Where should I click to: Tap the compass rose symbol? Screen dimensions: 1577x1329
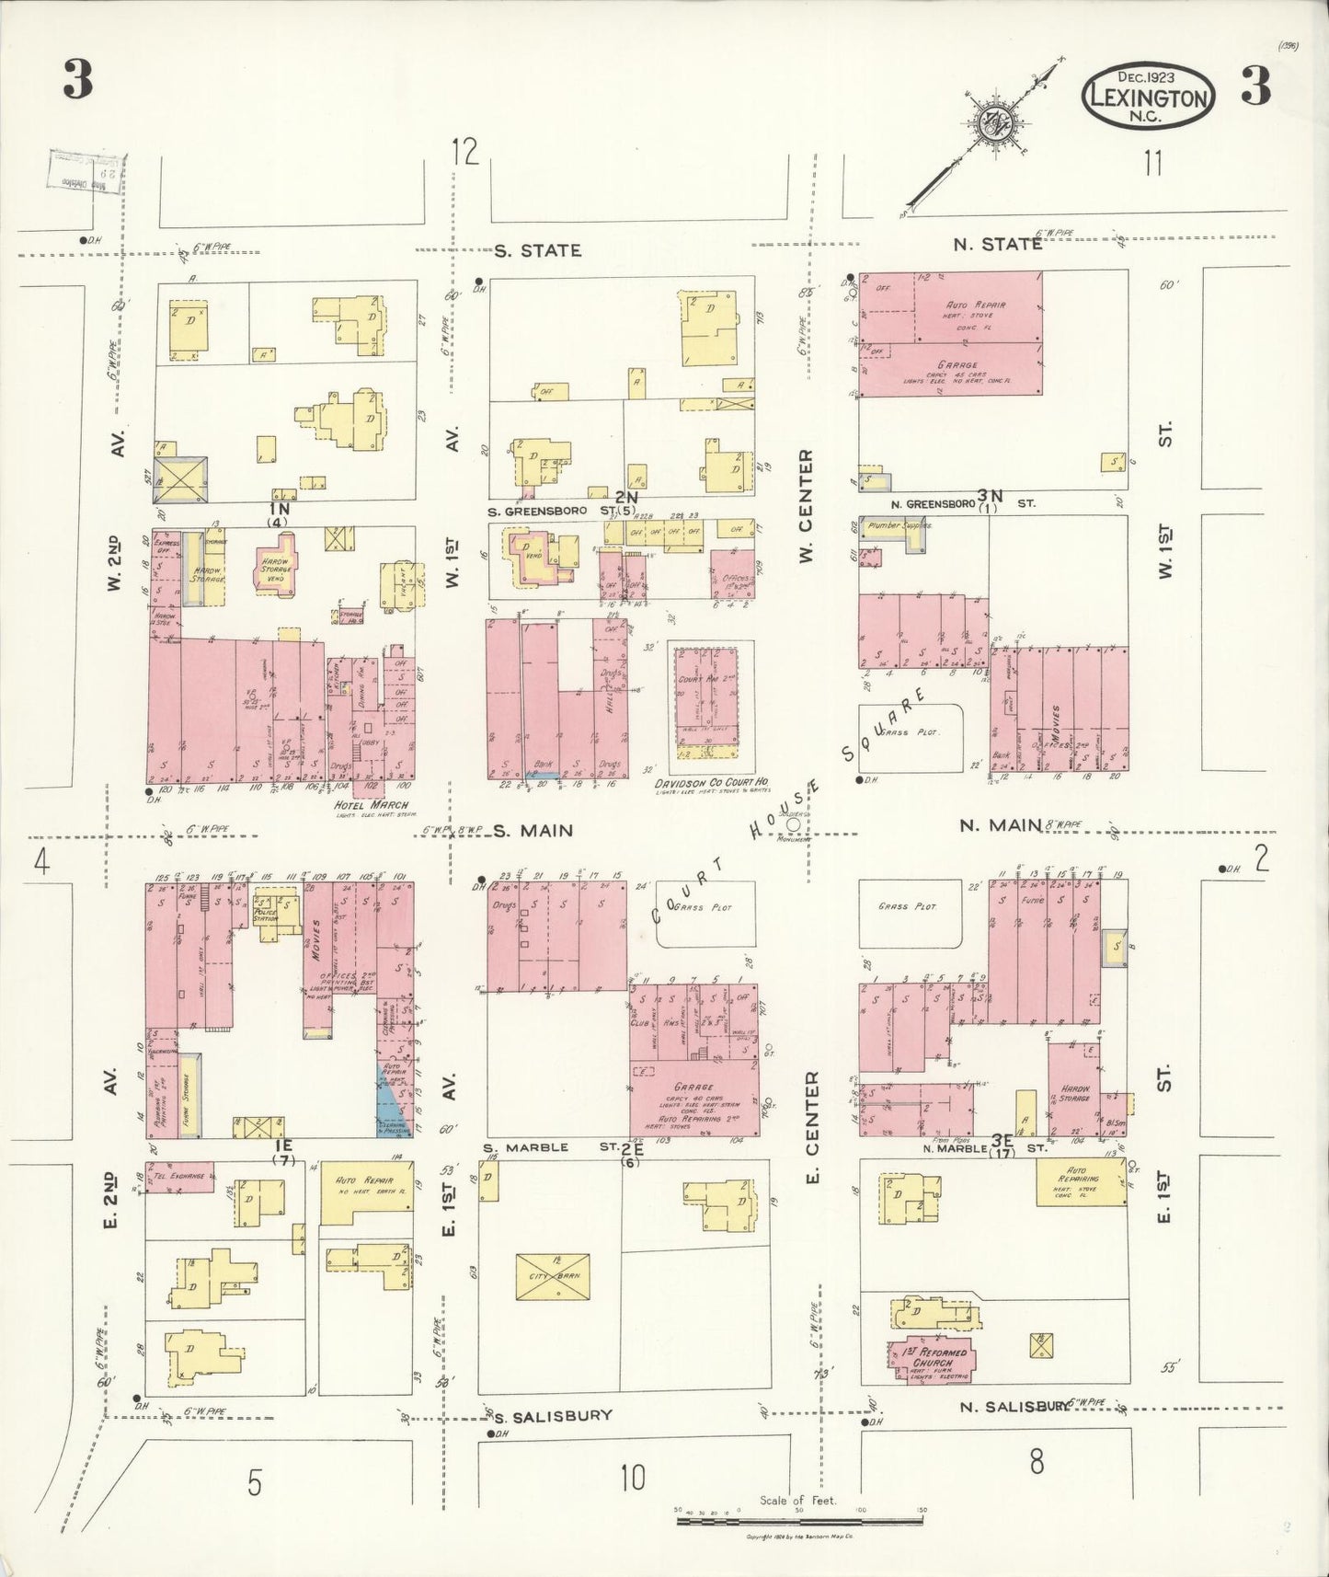click(x=995, y=121)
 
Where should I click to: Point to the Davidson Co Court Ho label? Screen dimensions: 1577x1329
click(x=712, y=784)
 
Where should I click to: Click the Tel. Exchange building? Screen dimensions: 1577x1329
click(x=180, y=1178)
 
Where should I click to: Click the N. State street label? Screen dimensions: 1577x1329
click(x=997, y=244)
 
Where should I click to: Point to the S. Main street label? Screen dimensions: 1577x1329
click(x=533, y=831)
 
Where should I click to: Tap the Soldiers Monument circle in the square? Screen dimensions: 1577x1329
click(x=793, y=825)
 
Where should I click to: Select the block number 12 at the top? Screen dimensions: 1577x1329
click(x=465, y=152)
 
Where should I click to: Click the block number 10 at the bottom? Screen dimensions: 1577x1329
click(x=632, y=1478)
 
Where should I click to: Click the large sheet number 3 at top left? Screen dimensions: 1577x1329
click(x=78, y=81)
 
